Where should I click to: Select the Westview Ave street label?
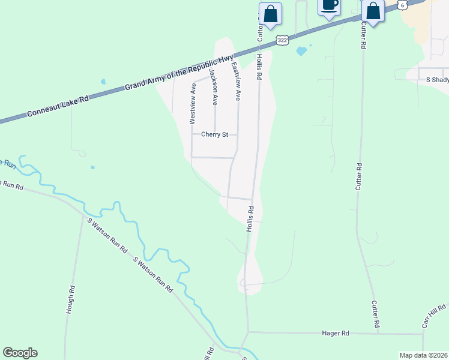(x=193, y=103)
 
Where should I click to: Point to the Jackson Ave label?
(x=213, y=87)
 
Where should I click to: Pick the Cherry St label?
(x=214, y=135)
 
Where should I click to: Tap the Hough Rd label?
(x=70, y=300)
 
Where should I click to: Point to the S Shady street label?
(x=437, y=79)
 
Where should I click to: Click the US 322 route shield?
(x=283, y=40)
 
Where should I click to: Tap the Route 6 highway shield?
(x=403, y=4)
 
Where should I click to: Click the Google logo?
(x=20, y=353)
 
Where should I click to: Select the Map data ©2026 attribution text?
(x=423, y=355)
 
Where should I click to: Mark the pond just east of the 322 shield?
(x=301, y=51)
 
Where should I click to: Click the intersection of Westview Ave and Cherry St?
(x=191, y=135)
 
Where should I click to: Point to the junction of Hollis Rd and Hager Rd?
(x=247, y=332)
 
